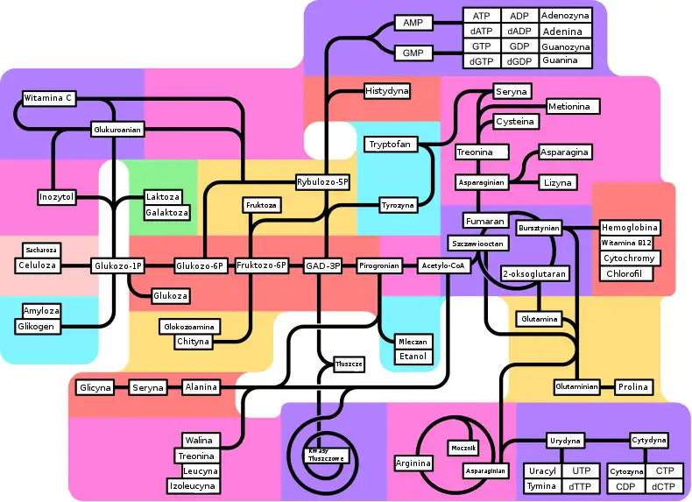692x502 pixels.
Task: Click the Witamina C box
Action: (47, 98)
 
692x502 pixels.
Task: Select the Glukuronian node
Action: (117, 130)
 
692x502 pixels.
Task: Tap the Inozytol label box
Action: (56, 197)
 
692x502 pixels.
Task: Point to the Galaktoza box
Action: (166, 213)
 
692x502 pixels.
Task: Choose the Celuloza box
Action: (37, 265)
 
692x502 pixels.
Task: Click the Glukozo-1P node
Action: (117, 265)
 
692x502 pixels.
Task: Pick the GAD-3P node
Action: (322, 265)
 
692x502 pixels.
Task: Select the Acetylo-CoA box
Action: (441, 265)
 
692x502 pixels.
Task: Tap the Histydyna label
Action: (387, 91)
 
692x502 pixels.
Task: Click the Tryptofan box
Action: (390, 144)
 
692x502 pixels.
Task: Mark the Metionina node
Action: (574, 107)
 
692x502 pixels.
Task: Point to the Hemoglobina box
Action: (630, 228)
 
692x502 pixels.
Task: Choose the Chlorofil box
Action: (625, 273)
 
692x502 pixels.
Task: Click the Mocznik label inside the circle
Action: (464, 448)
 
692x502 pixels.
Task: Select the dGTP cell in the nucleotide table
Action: (481, 61)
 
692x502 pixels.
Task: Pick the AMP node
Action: (413, 23)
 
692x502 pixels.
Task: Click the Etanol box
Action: (412, 357)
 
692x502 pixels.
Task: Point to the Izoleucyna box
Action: (194, 485)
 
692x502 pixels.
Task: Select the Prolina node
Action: (632, 386)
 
